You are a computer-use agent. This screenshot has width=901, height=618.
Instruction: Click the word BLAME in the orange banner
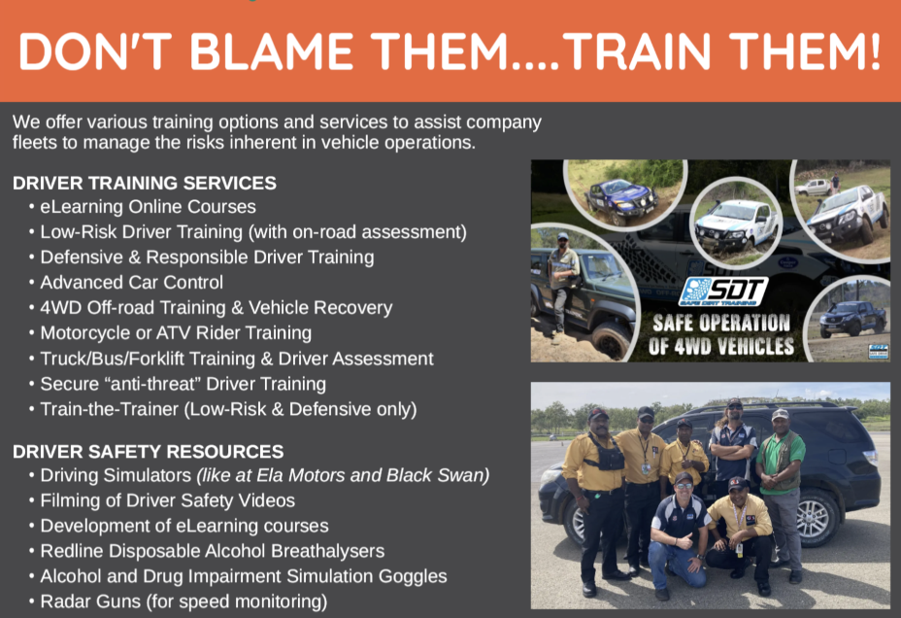pos(271,51)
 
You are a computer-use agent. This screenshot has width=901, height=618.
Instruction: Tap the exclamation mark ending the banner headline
pos(875,51)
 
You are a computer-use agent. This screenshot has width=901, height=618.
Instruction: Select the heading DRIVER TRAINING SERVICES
pos(145,183)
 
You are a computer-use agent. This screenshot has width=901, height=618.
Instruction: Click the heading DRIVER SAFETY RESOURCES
pos(149,451)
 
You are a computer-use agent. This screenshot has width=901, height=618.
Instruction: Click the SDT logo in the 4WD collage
pos(723,292)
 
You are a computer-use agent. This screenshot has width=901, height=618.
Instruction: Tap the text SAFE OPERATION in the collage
pos(721,323)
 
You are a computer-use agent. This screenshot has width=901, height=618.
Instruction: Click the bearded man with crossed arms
pos(732,443)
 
